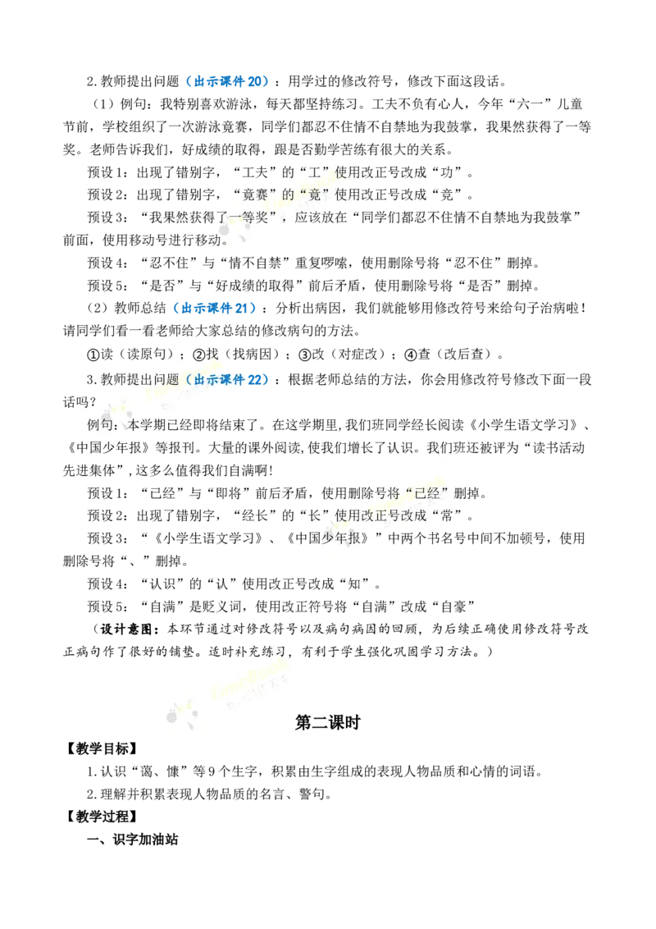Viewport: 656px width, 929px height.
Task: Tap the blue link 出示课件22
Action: click(228, 380)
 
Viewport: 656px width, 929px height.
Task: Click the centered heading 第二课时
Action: click(327, 723)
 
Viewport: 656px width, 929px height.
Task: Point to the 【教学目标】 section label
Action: click(102, 749)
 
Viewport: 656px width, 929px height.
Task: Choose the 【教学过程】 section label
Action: click(102, 817)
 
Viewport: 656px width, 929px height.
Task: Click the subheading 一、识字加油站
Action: click(133, 840)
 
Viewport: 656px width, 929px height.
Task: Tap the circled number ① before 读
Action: click(93, 355)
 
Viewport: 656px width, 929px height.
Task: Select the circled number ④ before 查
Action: click(411, 355)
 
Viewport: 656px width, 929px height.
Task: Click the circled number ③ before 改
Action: click(305, 355)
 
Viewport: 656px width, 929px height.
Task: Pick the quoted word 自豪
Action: click(453, 606)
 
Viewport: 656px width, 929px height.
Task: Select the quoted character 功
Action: click(447, 172)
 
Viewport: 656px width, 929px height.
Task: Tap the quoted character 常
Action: click(447, 515)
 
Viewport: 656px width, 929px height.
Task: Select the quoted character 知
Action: click(354, 583)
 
